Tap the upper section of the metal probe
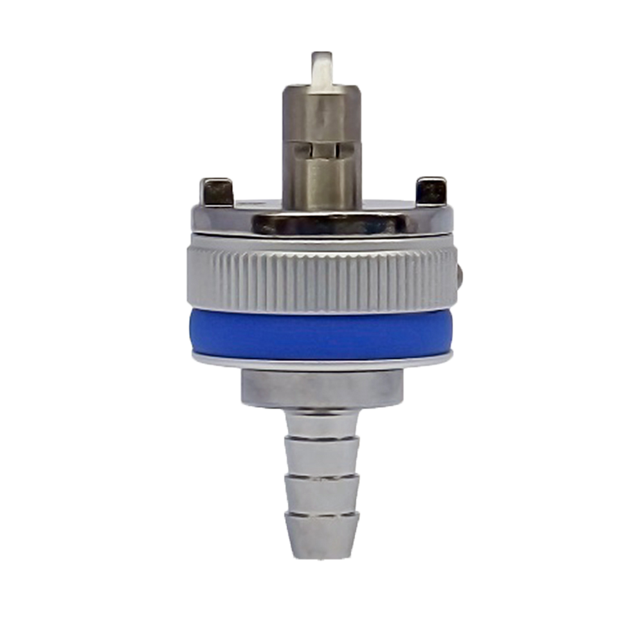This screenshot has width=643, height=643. point(321,116)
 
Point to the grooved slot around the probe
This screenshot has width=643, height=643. point(321,150)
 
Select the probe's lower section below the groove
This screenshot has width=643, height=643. point(321,183)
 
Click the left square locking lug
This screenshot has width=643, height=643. point(216,191)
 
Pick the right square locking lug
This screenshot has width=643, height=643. point(430,190)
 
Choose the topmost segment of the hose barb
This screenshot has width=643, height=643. point(321,425)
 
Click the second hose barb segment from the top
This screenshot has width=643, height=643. point(321,457)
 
